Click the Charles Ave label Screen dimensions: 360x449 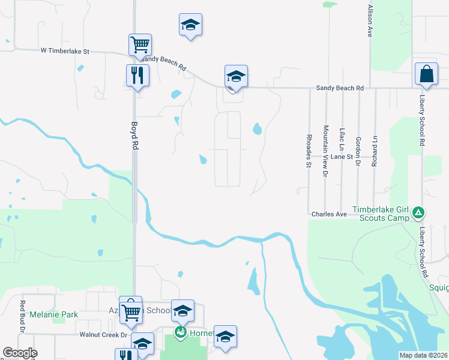[329, 214]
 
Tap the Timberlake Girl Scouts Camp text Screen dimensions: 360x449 [381, 214]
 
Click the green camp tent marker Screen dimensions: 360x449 [419, 212]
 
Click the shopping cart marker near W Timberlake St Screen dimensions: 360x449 [140, 44]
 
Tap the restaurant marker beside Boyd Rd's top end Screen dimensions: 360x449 [137, 75]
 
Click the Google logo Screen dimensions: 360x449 [20, 353]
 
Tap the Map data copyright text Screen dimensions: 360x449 [423, 355]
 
